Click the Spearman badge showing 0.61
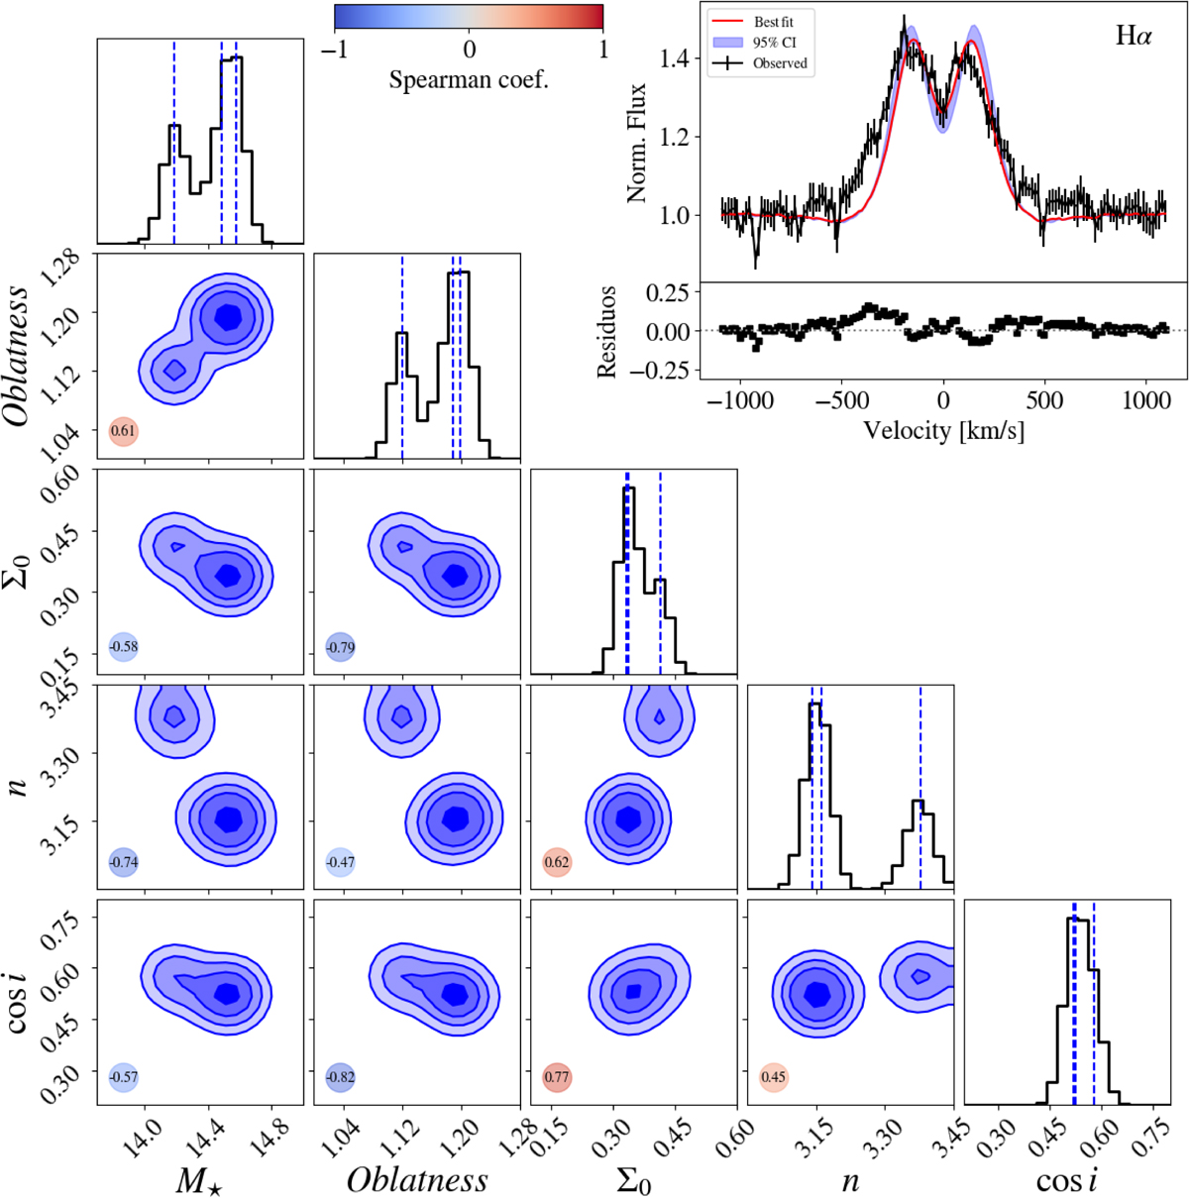pos(123,431)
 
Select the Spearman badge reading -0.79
pos(340,647)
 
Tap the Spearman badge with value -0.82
pos(340,1077)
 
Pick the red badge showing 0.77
pos(557,1077)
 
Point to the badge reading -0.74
pos(123,862)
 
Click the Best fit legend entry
pos(773,21)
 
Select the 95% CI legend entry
pos(773,42)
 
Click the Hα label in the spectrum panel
pos(1134,39)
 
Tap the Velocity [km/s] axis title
pos(943,431)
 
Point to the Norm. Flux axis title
pos(636,143)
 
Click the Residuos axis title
pos(607,332)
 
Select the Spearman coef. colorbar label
pos(469,79)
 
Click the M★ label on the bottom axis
pos(201,1180)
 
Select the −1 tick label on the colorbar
pos(336,49)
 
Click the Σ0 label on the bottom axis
pos(633,1180)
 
